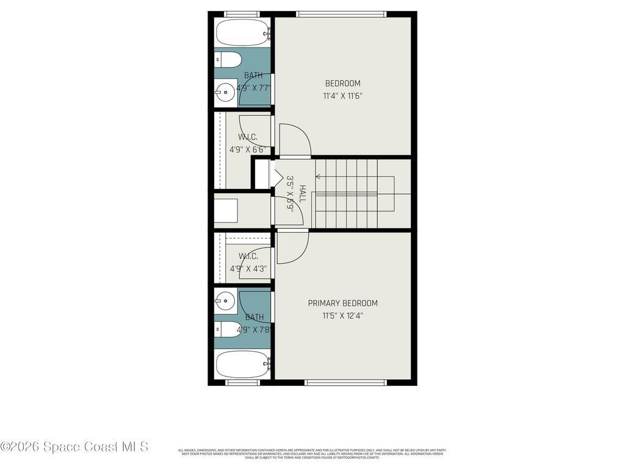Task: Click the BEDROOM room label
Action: coord(342,83)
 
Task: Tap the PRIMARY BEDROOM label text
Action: coord(342,303)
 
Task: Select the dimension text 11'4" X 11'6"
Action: coord(342,96)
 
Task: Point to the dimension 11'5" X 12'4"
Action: coord(342,316)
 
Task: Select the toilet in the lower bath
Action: coord(228,330)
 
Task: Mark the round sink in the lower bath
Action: coord(226,300)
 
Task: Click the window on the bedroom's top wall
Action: coord(341,13)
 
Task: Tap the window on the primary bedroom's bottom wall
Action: coord(345,383)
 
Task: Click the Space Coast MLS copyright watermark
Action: coord(74,447)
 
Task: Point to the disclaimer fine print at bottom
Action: coord(312,454)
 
